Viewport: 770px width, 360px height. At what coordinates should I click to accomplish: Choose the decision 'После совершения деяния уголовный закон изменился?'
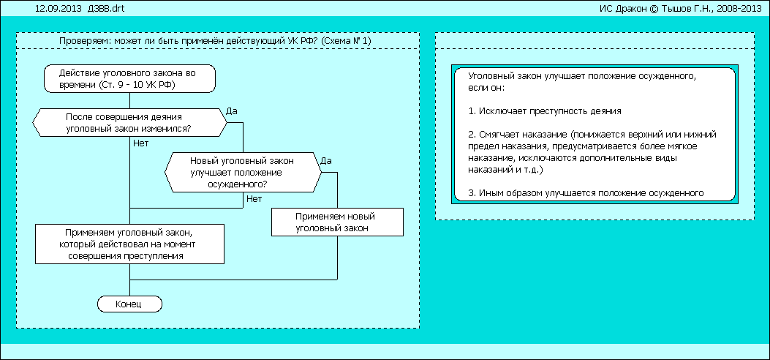129,122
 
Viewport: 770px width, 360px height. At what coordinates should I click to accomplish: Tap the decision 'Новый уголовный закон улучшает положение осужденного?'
243,172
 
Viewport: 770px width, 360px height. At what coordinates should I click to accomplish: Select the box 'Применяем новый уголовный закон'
336,222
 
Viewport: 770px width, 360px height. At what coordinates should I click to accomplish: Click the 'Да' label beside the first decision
233,110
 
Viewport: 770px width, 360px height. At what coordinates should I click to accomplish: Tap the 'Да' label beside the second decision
327,160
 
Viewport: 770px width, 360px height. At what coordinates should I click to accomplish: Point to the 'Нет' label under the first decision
140,143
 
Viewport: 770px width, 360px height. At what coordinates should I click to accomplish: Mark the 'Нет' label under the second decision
254,198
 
